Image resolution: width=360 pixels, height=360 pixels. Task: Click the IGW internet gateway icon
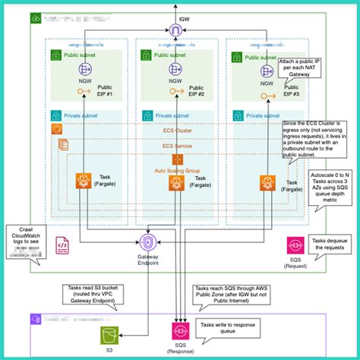click(176, 31)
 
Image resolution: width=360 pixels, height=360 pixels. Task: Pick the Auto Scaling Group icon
click(178, 160)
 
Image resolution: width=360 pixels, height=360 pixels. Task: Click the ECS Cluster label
click(177, 130)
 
